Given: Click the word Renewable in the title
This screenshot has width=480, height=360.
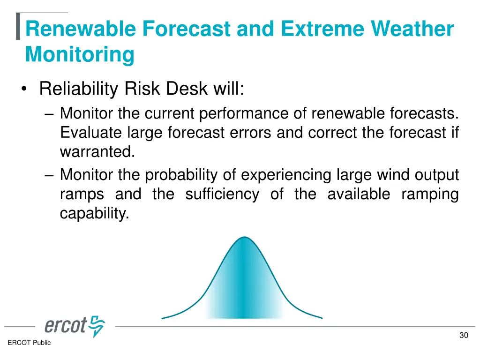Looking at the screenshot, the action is point(81,29).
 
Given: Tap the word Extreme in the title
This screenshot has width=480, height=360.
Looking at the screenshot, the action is point(322,29).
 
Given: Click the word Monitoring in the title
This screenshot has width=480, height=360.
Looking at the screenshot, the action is point(80,55).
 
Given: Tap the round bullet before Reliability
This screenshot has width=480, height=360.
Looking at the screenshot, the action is point(24,89).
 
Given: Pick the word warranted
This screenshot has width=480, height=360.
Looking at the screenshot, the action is point(97,152).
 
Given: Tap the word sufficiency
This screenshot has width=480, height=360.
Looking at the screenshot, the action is point(222,195).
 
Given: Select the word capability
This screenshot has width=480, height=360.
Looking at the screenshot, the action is point(94,214).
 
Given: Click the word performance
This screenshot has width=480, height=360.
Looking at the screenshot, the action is point(244,113).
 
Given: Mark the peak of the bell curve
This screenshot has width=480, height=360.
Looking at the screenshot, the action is point(244,237).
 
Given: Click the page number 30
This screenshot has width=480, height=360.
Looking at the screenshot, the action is point(464,336).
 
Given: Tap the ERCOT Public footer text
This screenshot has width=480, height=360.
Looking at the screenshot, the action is point(29,343).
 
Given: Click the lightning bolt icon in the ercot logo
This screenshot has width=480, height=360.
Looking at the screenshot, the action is point(97,326).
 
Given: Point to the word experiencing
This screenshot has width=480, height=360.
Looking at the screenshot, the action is point(286,175).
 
